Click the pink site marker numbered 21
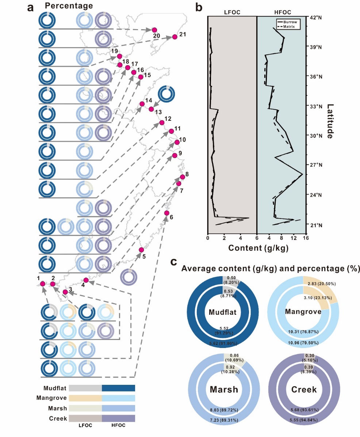[x=175, y=37]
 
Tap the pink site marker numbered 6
[x=167, y=213]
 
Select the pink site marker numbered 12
[x=162, y=123]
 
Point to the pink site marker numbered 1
[x=42, y=284]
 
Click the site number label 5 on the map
[x=144, y=256]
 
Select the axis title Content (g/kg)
[x=258, y=248]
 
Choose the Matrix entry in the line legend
[x=291, y=27]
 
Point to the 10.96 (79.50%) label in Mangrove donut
[x=303, y=342]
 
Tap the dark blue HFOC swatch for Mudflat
[x=118, y=388]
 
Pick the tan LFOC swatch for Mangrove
[x=85, y=398]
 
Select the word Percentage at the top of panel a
[x=69, y=6]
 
